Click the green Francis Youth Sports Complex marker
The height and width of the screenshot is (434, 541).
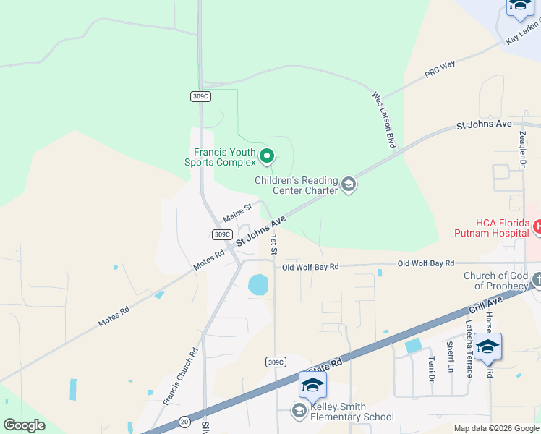pos(267,156)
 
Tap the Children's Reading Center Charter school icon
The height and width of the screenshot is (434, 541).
pos(348,185)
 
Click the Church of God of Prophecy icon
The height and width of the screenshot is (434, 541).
pos(537,279)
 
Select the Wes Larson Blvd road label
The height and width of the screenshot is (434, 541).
pos(383,120)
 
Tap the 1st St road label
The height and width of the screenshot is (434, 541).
pos(273,244)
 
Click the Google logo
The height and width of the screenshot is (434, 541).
pos(24,425)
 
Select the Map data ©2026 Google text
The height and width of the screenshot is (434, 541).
pos(495,429)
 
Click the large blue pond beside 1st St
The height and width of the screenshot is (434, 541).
pos(258,284)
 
